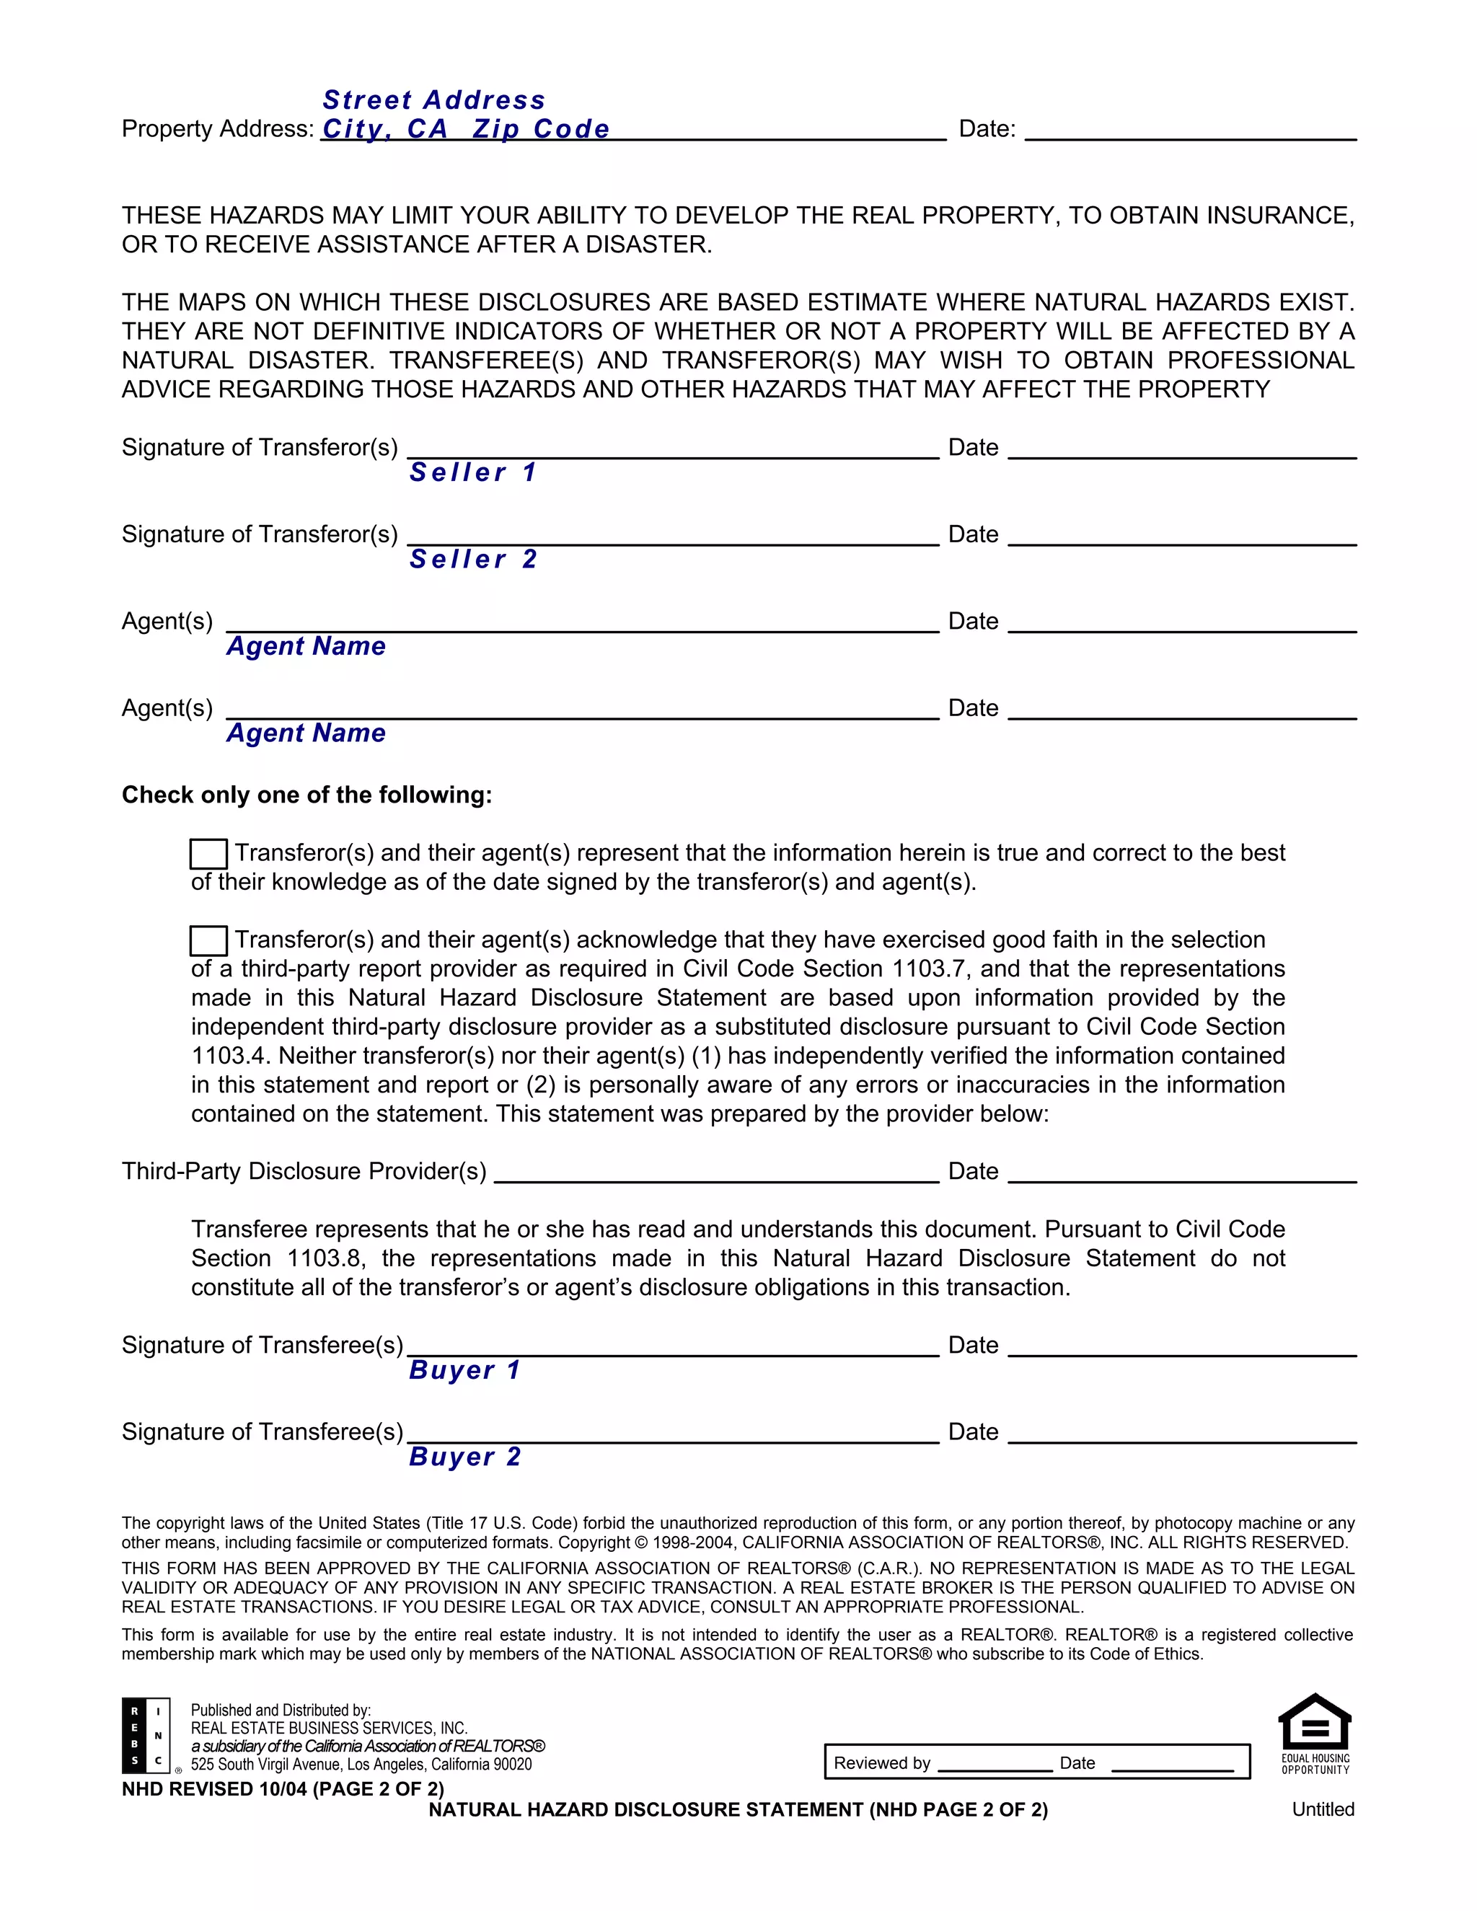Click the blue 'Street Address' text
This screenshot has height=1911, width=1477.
click(x=433, y=100)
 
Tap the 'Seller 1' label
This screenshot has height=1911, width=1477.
click(x=472, y=472)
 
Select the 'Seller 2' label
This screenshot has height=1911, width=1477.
click(x=472, y=559)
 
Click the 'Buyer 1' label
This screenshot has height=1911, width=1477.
click(x=464, y=1369)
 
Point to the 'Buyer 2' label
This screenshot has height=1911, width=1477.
click(x=464, y=1456)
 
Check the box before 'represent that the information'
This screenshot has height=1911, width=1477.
click(x=208, y=853)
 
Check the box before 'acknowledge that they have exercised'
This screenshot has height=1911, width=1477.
click(x=208, y=940)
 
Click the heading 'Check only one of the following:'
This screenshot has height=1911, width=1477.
click(x=307, y=795)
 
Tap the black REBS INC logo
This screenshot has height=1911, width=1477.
click(x=145, y=1735)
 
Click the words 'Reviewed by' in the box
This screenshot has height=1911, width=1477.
click(x=881, y=1763)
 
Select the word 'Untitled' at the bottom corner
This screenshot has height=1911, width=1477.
click(x=1322, y=1809)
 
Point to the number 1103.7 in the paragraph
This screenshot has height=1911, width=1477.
click(x=931, y=968)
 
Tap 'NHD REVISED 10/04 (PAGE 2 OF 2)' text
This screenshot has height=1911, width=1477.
click(x=283, y=1788)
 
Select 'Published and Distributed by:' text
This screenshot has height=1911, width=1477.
click(x=280, y=1710)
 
